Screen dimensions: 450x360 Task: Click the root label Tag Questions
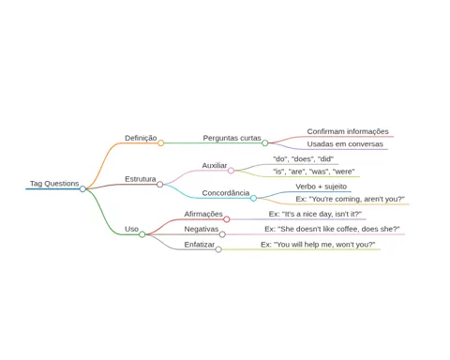(x=54, y=184)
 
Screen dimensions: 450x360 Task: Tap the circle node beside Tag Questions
(x=82, y=188)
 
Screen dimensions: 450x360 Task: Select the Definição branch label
(x=141, y=138)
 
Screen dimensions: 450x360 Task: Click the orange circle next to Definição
(x=160, y=143)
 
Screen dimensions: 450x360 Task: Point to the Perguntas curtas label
(x=232, y=138)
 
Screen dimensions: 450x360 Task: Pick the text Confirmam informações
(x=348, y=131)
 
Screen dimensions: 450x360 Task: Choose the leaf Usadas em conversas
(x=345, y=144)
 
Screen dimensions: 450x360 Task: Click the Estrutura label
(x=141, y=179)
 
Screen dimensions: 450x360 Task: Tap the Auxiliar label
(x=215, y=166)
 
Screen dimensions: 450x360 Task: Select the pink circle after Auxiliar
(x=231, y=171)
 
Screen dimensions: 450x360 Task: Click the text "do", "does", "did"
(x=303, y=159)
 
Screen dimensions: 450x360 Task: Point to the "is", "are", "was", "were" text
(x=314, y=172)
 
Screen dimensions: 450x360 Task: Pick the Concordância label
(x=226, y=193)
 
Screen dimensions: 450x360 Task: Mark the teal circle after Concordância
(x=253, y=198)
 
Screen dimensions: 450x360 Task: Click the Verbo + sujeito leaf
(x=322, y=187)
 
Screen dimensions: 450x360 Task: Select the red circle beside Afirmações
(x=227, y=219)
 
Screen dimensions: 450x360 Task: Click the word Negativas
(x=202, y=229)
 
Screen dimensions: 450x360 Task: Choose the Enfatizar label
(x=200, y=245)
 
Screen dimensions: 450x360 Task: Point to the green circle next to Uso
(x=142, y=234)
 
